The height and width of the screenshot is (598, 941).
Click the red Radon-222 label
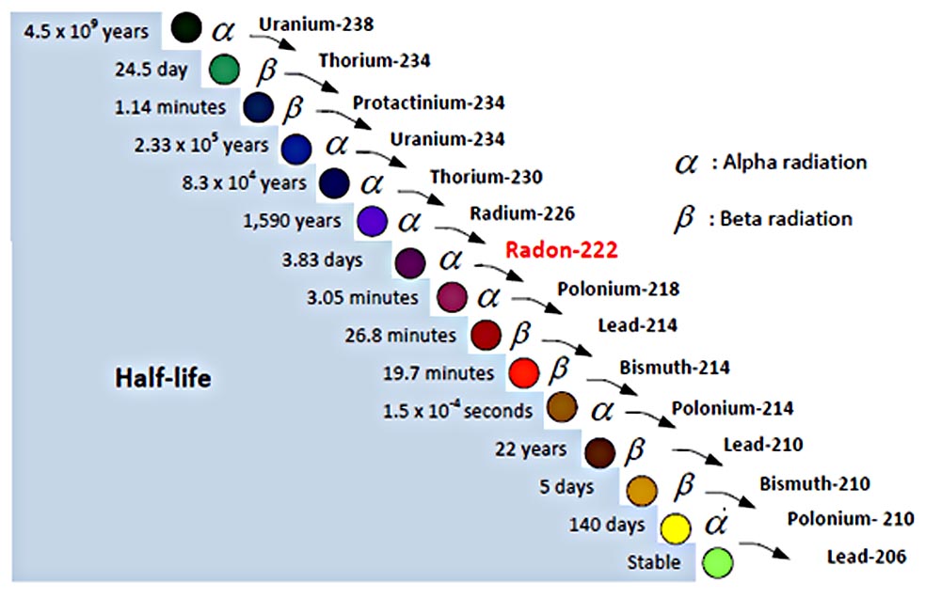tap(561, 250)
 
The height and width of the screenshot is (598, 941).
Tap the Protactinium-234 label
tap(428, 102)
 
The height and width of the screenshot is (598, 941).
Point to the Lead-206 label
tap(867, 557)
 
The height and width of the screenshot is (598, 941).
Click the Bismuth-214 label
tap(674, 367)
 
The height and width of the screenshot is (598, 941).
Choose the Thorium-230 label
tap(486, 176)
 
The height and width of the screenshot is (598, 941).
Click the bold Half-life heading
tap(163, 378)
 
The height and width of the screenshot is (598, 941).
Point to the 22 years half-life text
tap(531, 448)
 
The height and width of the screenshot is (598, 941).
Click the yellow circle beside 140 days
tap(676, 527)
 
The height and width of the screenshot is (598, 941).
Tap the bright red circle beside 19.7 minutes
tap(523, 372)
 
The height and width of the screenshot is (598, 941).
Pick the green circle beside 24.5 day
tap(224, 69)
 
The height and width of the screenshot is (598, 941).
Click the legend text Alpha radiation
tap(789, 162)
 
